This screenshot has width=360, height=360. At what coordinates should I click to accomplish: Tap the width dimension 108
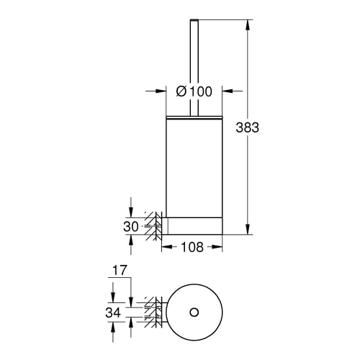(x=191, y=246)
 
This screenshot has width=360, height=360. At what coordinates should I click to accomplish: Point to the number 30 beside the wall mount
(x=130, y=227)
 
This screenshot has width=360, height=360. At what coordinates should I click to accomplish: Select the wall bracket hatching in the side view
(x=153, y=225)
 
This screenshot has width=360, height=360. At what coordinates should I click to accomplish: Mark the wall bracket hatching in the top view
(x=152, y=312)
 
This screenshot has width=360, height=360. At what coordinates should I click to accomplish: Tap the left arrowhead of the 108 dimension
(x=164, y=246)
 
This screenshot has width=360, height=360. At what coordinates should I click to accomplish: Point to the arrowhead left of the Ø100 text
(x=162, y=91)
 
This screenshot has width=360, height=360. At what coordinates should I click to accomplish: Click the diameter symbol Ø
(x=182, y=91)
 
